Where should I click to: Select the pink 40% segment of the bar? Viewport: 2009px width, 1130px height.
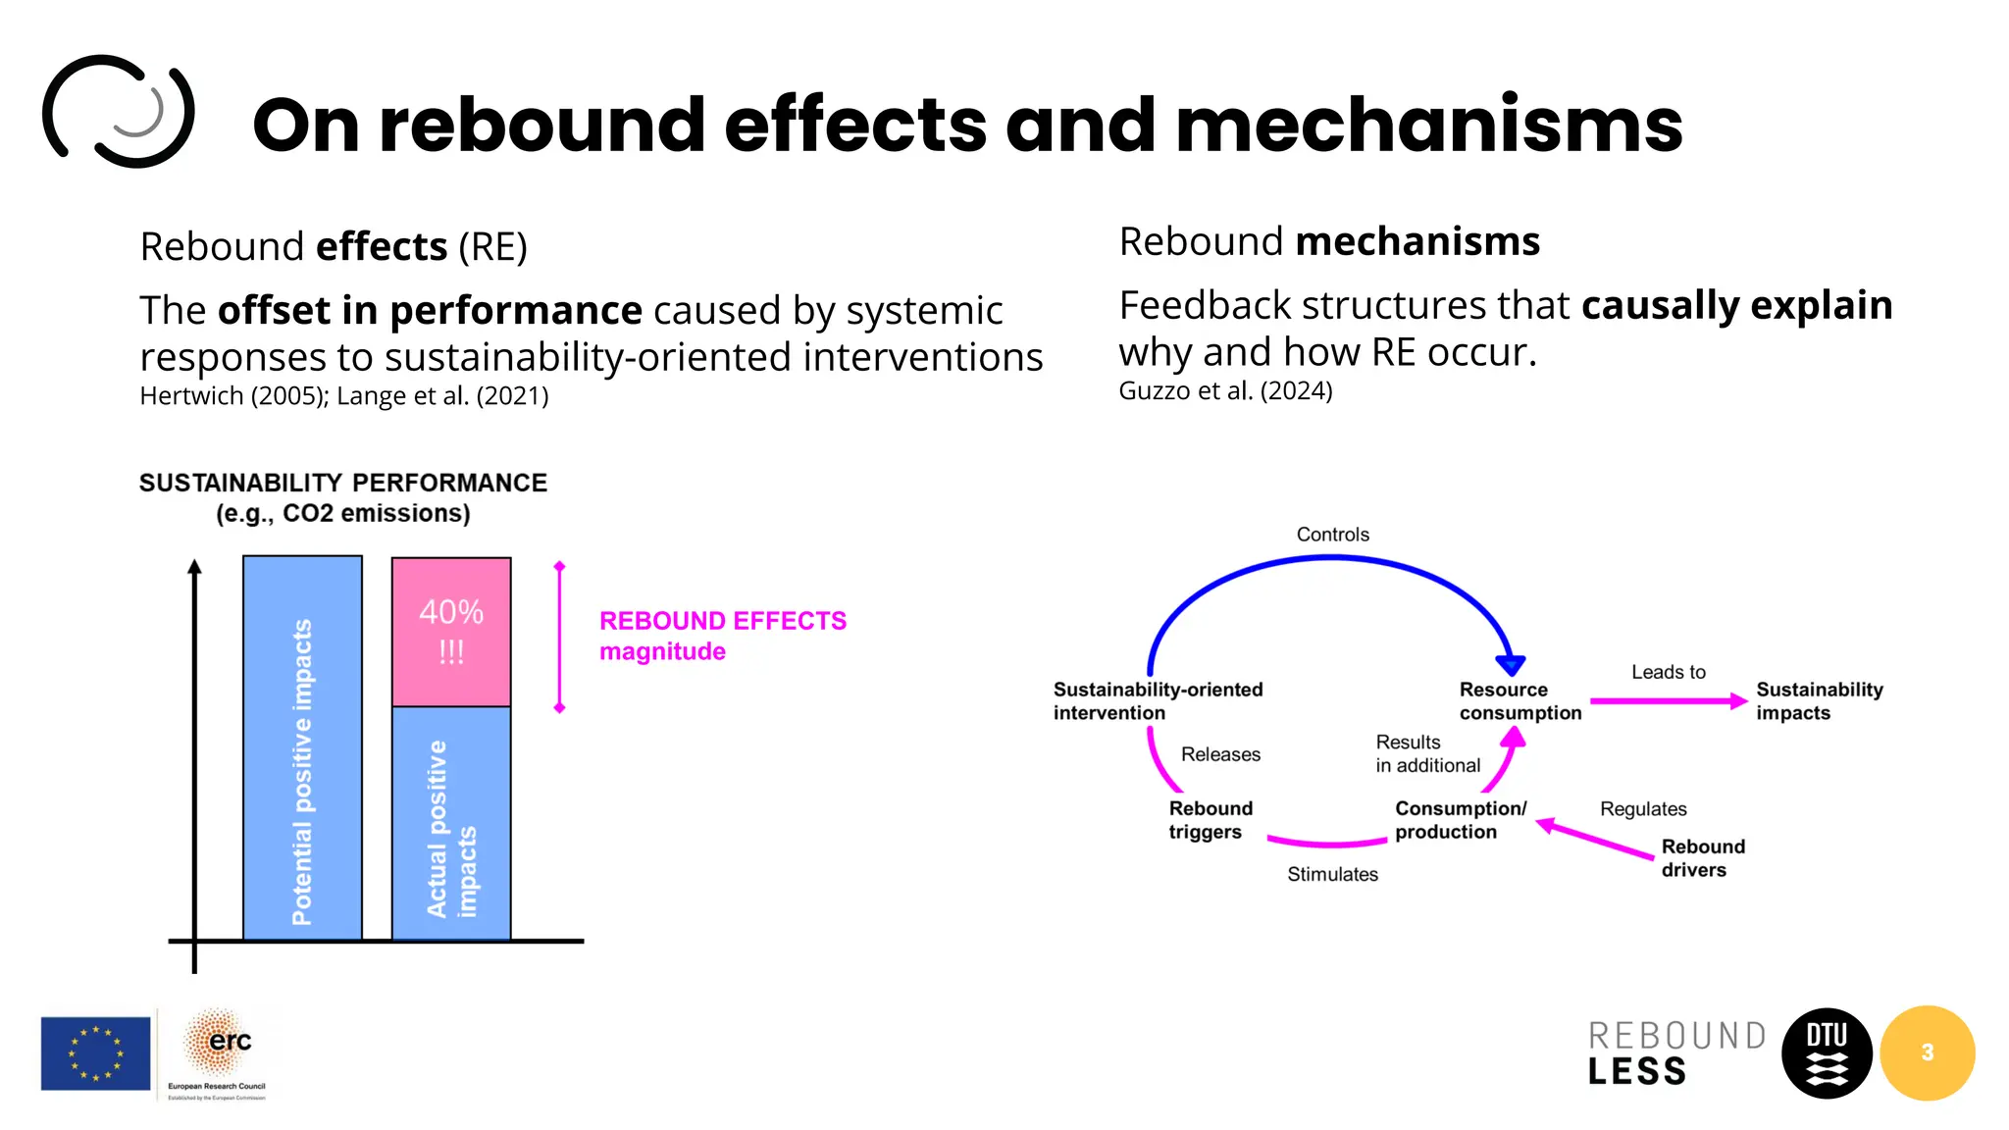coord(451,632)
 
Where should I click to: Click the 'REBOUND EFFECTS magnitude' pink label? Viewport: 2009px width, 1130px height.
coord(722,636)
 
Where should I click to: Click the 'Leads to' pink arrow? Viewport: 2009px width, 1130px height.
coord(1668,700)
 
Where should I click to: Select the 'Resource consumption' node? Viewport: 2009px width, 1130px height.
coord(1520,701)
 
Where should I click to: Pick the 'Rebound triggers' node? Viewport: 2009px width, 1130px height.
coord(1210,820)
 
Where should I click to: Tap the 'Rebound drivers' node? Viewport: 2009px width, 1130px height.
coord(1702,858)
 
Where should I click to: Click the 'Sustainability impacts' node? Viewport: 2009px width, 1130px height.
coord(1819,701)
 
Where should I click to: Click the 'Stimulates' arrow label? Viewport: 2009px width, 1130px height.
coord(1332,874)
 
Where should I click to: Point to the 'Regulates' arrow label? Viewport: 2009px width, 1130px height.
coord(1643,809)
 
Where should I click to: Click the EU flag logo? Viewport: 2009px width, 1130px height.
coord(95,1053)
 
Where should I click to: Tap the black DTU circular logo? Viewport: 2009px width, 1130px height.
coord(1826,1053)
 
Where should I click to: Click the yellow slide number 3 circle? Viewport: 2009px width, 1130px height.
coord(1928,1053)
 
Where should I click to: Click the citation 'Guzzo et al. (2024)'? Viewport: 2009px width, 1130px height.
coord(1225,391)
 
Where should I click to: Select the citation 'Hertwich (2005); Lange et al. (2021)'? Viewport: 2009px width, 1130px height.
coord(343,396)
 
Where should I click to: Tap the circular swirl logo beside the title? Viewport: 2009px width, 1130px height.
coord(119,111)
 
